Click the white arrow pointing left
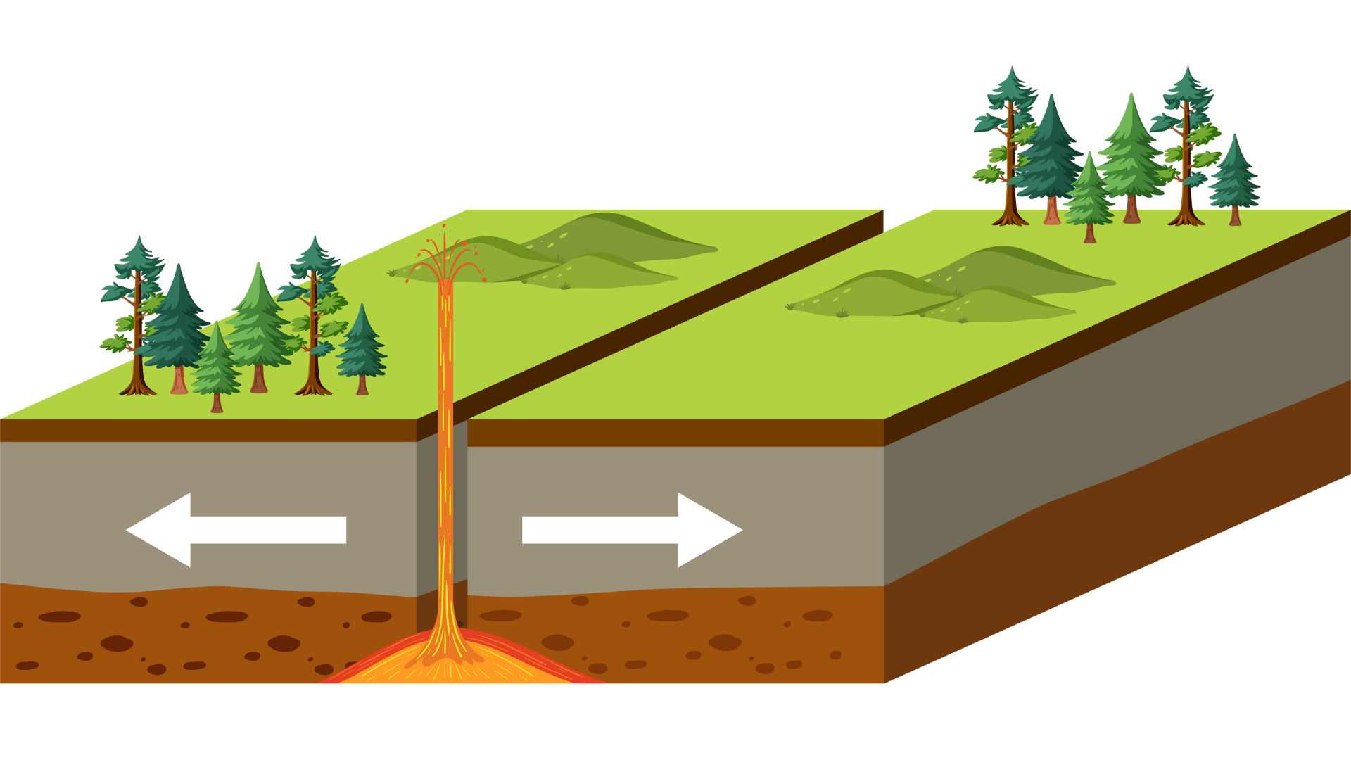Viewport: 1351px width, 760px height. (236, 530)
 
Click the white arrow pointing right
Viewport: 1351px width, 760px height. (632, 530)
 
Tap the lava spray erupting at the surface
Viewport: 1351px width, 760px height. (445, 257)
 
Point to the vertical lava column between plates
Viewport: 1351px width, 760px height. (445, 457)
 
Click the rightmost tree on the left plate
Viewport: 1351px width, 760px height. (362, 348)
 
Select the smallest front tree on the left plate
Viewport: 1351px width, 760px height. (216, 369)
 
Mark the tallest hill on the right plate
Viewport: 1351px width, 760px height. (1013, 271)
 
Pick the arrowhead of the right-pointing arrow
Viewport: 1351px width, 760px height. (707, 530)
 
